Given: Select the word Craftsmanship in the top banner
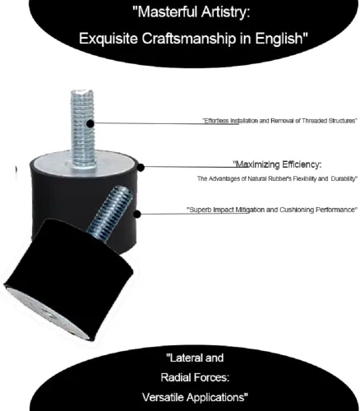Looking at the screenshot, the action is tap(189, 39).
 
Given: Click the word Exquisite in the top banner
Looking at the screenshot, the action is tap(108, 39).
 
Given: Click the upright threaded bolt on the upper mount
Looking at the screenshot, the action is tap(82, 128).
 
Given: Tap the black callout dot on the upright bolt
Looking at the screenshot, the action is tap(90, 124).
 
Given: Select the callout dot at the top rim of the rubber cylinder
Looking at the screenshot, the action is tap(141, 168).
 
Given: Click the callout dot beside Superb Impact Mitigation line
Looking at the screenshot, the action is tap(137, 214).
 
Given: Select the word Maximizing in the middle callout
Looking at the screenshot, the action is tap(257, 164).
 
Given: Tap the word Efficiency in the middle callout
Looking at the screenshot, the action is tap(302, 164).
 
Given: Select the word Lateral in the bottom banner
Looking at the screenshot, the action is tap(181, 358).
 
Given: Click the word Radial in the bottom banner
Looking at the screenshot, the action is tap(174, 378).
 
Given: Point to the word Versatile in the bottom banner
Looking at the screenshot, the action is tap(164, 397).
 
